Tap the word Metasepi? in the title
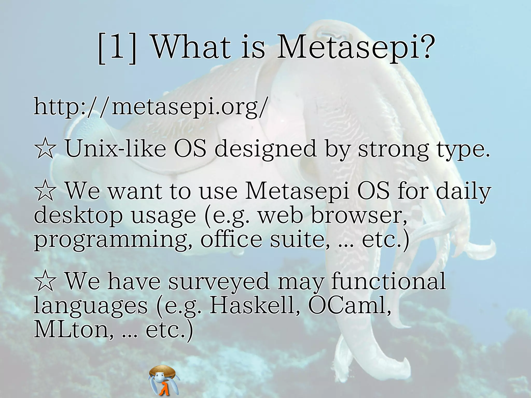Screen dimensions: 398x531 pos(355,48)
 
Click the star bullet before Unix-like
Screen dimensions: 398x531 pos(45,149)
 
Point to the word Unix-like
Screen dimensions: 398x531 pos(115,149)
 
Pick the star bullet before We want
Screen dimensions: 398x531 pos(45,191)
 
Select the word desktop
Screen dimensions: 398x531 pos(78,215)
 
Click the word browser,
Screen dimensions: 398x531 pos(359,215)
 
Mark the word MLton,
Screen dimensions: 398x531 pos(74,330)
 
